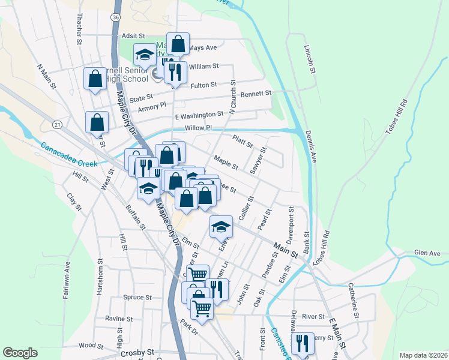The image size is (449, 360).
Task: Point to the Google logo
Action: (20, 353)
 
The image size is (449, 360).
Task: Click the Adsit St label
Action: (134, 36)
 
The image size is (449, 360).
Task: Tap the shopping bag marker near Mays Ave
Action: (178, 43)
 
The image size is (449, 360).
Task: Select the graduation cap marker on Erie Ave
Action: (221, 226)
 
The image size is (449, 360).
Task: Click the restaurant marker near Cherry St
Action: (303, 343)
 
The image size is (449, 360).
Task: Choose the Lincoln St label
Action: (310, 59)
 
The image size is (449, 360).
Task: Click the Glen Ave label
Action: (427, 254)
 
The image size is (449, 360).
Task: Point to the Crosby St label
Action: (137, 353)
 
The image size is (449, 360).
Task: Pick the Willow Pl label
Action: (199, 128)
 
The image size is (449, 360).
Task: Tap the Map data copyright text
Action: (423, 355)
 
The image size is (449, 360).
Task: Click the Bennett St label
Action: (256, 94)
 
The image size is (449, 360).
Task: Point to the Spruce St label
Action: (137, 298)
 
